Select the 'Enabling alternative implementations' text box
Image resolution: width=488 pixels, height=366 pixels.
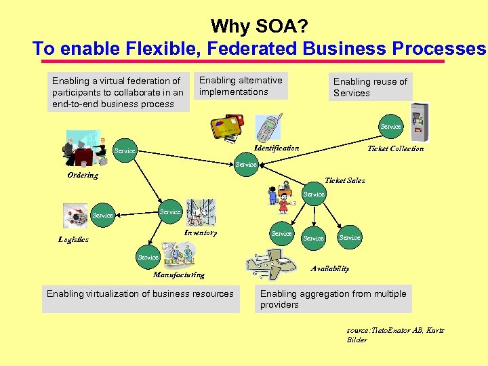pyautogui.click(x=240, y=86)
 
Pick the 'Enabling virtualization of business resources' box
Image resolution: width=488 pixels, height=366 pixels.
pyautogui.click(x=140, y=298)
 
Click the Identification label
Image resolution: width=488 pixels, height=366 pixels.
pyautogui.click(x=276, y=148)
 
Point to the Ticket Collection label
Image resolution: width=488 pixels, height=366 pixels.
pyautogui.click(x=395, y=148)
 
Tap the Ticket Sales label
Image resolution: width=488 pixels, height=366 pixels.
pyautogui.click(x=344, y=180)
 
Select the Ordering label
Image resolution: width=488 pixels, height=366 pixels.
pyautogui.click(x=83, y=176)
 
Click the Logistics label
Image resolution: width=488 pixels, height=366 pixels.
pyautogui.click(x=73, y=239)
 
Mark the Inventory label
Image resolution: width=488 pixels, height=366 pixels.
pyautogui.click(x=201, y=232)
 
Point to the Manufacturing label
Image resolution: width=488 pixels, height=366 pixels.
pyautogui.click(x=178, y=274)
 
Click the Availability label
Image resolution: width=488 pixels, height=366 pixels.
pyautogui.click(x=330, y=268)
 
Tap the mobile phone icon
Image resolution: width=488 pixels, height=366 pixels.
pyautogui.click(x=268, y=127)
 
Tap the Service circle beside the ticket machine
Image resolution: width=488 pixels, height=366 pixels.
pyautogui.click(x=390, y=126)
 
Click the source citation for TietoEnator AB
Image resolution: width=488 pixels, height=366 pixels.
pyautogui.click(x=395, y=335)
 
